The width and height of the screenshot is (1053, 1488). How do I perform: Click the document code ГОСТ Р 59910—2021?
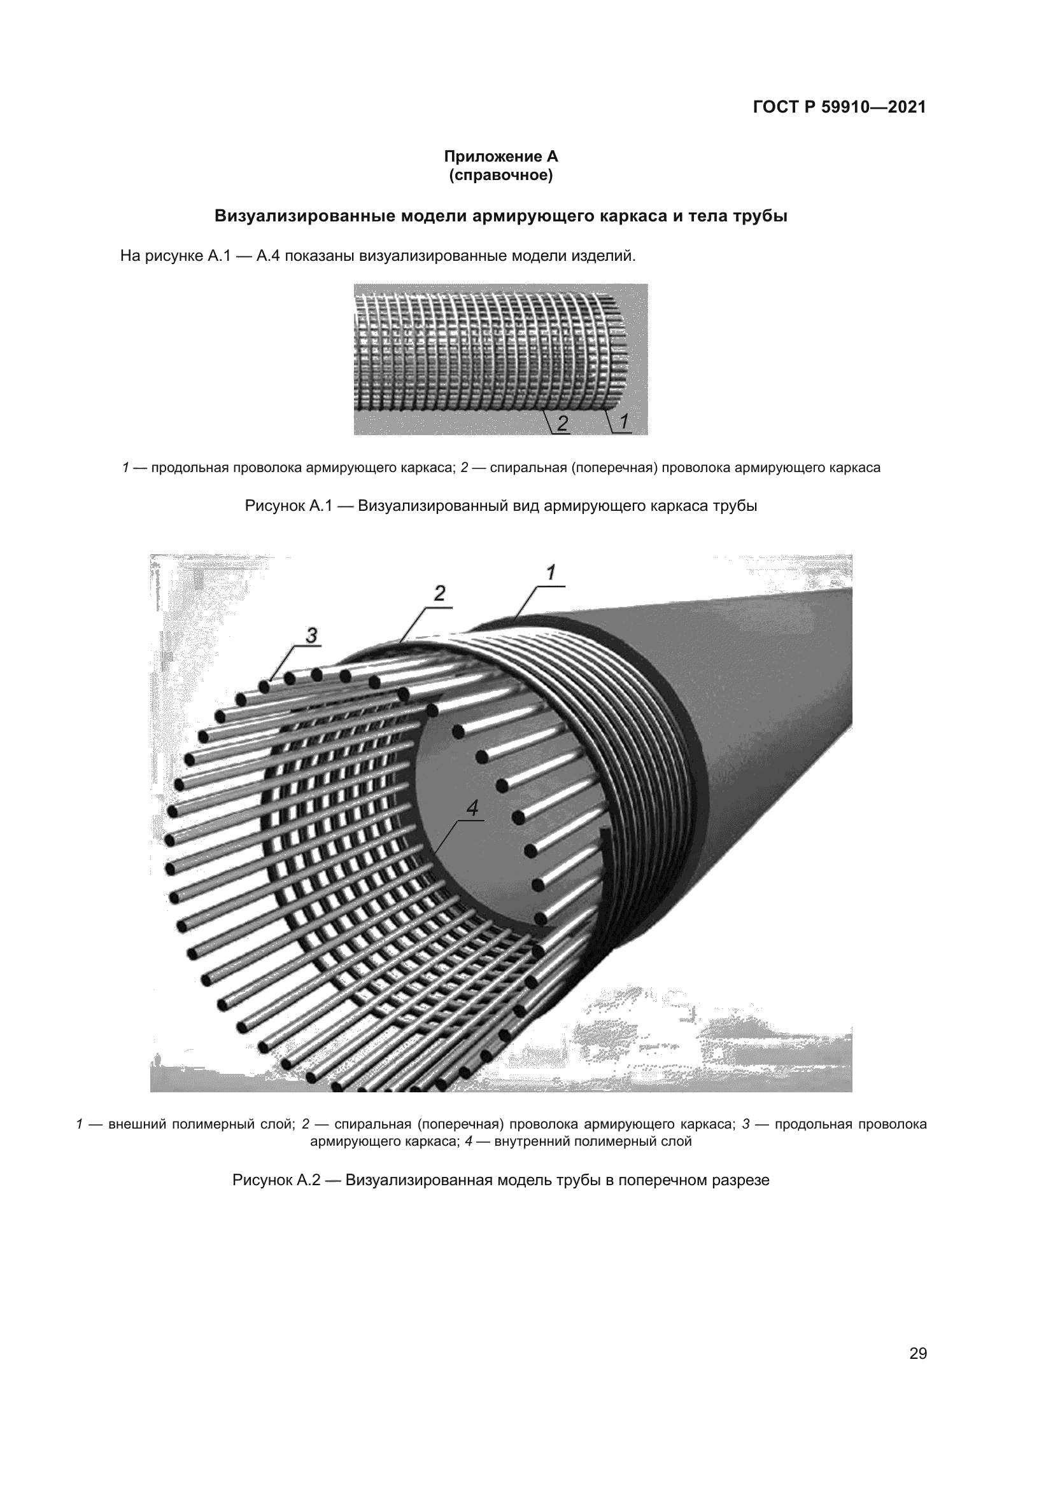[839, 107]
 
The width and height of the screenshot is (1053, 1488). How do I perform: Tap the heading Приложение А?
[500, 156]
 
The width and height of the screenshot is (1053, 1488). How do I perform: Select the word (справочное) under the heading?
[500, 176]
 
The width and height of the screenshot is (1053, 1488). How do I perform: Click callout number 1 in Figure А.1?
[623, 422]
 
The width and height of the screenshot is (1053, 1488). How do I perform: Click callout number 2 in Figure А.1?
[563, 423]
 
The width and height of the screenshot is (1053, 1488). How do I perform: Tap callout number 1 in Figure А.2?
[551, 573]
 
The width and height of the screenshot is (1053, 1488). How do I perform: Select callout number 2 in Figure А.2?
[440, 594]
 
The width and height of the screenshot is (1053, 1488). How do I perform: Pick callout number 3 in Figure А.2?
[311, 636]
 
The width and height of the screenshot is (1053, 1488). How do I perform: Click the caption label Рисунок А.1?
[288, 506]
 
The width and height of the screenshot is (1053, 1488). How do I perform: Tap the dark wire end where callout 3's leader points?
[265, 685]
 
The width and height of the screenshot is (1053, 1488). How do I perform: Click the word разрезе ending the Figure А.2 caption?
[742, 1179]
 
